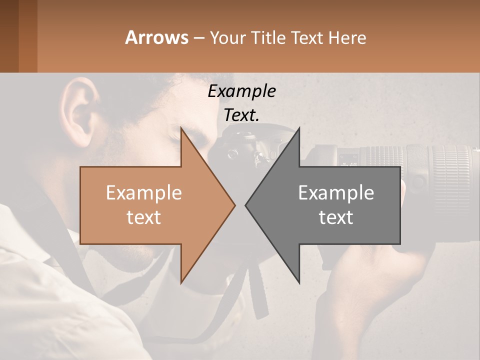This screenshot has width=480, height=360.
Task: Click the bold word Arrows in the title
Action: (x=156, y=37)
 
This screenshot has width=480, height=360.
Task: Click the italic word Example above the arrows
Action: (x=241, y=91)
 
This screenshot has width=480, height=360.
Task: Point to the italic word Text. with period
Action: (x=241, y=115)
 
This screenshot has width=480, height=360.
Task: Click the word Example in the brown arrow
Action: (x=144, y=193)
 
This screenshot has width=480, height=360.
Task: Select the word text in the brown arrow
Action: (x=144, y=217)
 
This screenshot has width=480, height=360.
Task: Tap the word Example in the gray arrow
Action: (x=336, y=193)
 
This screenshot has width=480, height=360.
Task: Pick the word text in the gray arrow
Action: (x=336, y=217)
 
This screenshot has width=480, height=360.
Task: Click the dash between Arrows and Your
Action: (x=198, y=38)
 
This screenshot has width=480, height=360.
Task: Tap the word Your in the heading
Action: (x=226, y=37)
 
